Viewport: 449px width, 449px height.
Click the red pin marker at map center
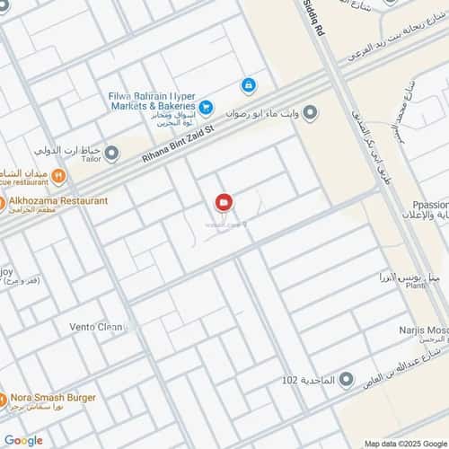[x=223, y=203]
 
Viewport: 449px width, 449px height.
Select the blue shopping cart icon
[x=207, y=108]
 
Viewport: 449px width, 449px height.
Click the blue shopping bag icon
[x=247, y=85]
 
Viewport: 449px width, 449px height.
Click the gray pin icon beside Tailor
[x=111, y=154]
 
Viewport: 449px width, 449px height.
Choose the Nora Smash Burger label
[x=55, y=396]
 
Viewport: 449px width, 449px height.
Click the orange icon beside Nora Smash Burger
[x=3, y=396]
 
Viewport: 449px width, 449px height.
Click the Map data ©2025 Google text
[x=405, y=443]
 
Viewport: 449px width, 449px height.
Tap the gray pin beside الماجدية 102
[x=346, y=380]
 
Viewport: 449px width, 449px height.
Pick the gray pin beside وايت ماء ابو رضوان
[x=310, y=112]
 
